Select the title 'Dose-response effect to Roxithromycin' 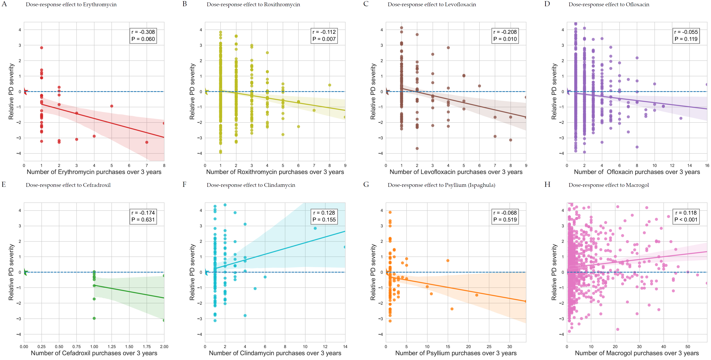[253, 4]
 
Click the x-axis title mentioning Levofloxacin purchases [456, 172]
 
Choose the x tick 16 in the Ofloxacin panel [707, 166]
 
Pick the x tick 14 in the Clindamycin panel [345, 346]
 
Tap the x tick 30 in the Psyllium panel [509, 346]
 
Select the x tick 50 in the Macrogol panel [688, 346]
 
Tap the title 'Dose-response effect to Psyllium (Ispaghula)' [441, 185]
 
